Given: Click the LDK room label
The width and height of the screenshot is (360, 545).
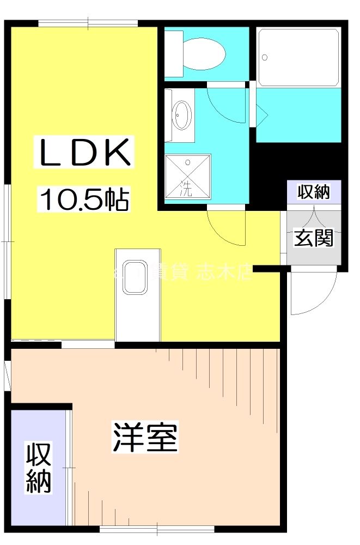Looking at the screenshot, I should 84,154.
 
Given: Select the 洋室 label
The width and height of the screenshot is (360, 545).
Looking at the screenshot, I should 145,437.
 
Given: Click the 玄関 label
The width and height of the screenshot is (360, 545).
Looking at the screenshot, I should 314,238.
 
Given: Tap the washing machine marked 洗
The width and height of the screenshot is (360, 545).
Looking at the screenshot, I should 187,175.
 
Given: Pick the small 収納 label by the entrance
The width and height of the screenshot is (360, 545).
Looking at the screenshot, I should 314,192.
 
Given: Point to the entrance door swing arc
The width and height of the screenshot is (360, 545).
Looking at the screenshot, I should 313,294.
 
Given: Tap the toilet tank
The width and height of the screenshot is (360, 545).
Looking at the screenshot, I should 174,53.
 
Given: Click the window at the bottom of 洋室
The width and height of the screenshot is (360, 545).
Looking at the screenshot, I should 157,528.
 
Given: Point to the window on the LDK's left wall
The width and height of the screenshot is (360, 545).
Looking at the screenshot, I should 7,240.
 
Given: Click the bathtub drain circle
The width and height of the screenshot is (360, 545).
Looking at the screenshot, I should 265,57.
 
